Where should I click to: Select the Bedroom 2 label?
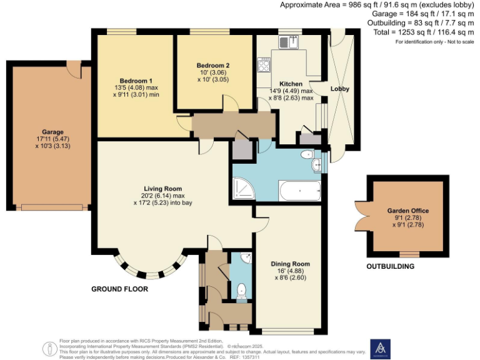(213, 66)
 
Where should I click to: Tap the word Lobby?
(340, 89)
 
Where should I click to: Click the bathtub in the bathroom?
(301, 190)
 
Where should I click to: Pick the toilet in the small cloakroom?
(242, 290)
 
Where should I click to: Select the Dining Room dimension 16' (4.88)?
(290, 271)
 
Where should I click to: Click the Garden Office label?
(407, 211)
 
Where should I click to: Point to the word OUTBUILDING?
(391, 266)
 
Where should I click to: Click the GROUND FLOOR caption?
(119, 289)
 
